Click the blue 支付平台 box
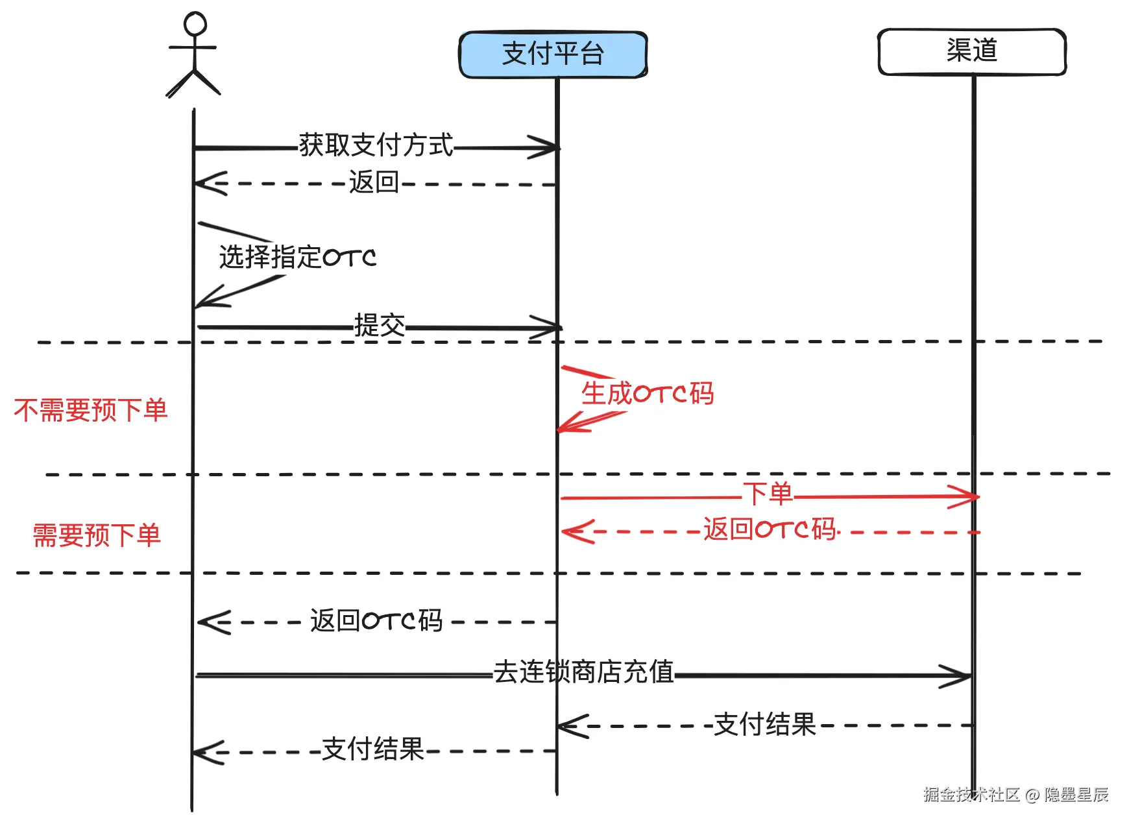(x=553, y=55)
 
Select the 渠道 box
(x=971, y=51)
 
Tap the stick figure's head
(x=195, y=24)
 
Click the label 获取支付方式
(x=376, y=145)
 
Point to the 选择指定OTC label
(x=298, y=257)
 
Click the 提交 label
(x=380, y=325)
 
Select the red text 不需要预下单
(x=91, y=410)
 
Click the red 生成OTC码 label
(x=648, y=393)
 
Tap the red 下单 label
(x=768, y=494)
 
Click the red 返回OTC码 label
(x=771, y=529)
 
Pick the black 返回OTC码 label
(x=376, y=621)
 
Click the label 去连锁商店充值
(x=583, y=672)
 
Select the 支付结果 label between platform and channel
(x=764, y=724)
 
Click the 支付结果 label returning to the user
(x=372, y=749)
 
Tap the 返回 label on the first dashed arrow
(x=374, y=182)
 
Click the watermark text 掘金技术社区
(x=971, y=794)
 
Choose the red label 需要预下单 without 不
(x=97, y=536)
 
